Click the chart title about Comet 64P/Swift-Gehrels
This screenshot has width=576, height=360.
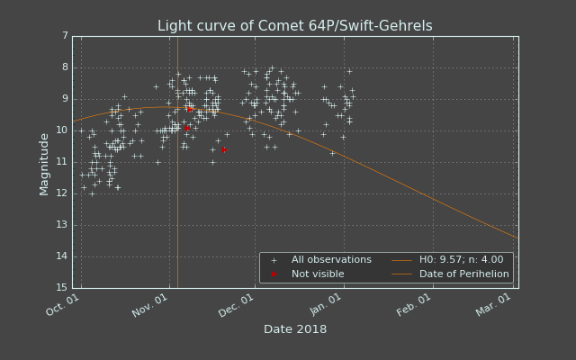pyautogui.click(x=295, y=26)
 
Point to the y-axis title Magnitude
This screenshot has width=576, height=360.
pyautogui.click(x=44, y=165)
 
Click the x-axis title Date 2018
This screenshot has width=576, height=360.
pyautogui.click(x=295, y=329)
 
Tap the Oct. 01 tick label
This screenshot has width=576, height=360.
pyautogui.click(x=62, y=305)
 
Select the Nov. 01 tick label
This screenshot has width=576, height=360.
pyautogui.click(x=150, y=306)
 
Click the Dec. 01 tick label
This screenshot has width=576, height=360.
pyautogui.click(x=236, y=306)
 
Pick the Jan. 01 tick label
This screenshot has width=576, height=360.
pyautogui.click(x=326, y=305)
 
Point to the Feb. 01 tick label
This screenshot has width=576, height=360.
pyautogui.click(x=414, y=305)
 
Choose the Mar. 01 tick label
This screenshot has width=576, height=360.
pyautogui.click(x=493, y=305)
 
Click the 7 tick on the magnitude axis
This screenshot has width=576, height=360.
pyautogui.click(x=65, y=36)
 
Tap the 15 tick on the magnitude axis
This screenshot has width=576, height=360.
pyautogui.click(x=62, y=287)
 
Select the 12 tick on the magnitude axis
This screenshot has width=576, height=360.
pyautogui.click(x=62, y=193)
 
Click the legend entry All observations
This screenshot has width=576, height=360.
pyautogui.click(x=331, y=260)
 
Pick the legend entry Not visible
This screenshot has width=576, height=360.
pyautogui.click(x=318, y=274)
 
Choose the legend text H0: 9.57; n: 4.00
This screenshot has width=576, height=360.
pyautogui.click(x=462, y=260)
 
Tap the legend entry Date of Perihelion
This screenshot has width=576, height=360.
pyautogui.click(x=464, y=274)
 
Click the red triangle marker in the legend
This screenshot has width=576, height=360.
pyautogui.click(x=274, y=274)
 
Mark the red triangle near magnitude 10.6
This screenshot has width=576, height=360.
pyautogui.click(x=224, y=150)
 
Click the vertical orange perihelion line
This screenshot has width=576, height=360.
pyautogui.click(x=178, y=162)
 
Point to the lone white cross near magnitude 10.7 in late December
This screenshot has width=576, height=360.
pyautogui.click(x=332, y=153)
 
